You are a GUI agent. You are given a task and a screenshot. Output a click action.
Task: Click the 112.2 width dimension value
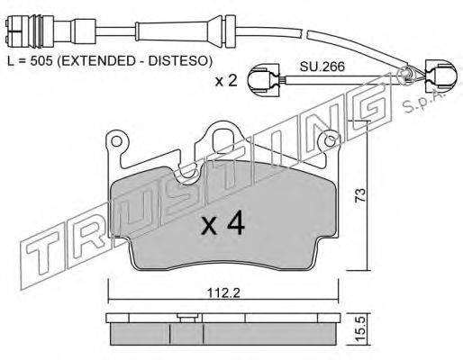click(x=224, y=293)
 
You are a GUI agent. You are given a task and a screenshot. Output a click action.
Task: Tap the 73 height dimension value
click(x=360, y=195)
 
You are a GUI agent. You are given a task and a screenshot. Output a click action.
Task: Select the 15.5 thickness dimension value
click(x=361, y=328)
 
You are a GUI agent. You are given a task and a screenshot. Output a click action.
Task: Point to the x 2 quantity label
click(x=226, y=80)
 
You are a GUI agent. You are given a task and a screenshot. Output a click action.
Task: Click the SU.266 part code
click(x=322, y=67)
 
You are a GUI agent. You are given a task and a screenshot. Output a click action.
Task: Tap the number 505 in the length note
click(x=41, y=61)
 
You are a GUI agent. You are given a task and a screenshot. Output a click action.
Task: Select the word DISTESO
click(x=180, y=61)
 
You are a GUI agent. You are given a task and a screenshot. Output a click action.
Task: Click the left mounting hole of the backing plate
click(x=116, y=140)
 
